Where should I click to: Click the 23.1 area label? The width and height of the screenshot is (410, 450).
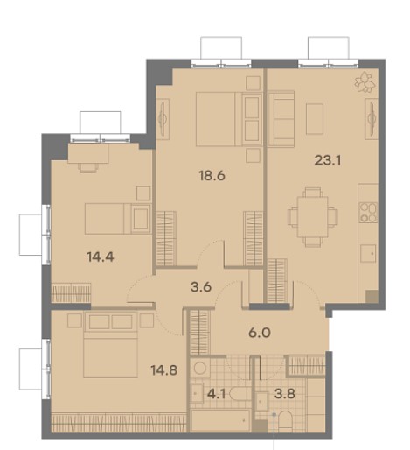coord(328,160)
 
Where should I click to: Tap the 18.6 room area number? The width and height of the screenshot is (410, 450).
coord(212,176)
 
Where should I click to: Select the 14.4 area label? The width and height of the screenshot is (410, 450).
coord(101,257)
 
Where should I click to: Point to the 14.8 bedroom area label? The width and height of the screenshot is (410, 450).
coord(164,370)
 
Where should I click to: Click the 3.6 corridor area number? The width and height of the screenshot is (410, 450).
coord(201,287)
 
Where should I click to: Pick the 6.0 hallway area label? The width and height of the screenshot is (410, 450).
coord(260,333)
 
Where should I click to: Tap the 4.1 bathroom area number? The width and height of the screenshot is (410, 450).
coord(216,394)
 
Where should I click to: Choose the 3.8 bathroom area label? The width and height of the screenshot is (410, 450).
coord(285,394)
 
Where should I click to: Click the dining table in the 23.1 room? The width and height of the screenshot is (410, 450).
coord(313,217)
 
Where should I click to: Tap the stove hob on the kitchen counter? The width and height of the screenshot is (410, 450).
coord(368,213)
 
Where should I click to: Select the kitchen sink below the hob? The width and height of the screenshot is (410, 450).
coord(368,254)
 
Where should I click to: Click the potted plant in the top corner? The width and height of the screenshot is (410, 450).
coord(365,81)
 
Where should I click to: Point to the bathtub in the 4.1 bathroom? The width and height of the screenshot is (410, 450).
coord(220,420)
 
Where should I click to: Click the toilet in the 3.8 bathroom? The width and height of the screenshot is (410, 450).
coord(285,422)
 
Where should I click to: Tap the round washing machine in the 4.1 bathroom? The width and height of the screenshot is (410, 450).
coord(200,369)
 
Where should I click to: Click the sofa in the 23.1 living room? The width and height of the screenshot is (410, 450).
coord(281,119)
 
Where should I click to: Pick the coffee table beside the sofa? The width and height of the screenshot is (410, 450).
coord(315,119)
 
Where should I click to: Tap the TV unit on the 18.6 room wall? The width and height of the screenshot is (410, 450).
coord(163,119)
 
